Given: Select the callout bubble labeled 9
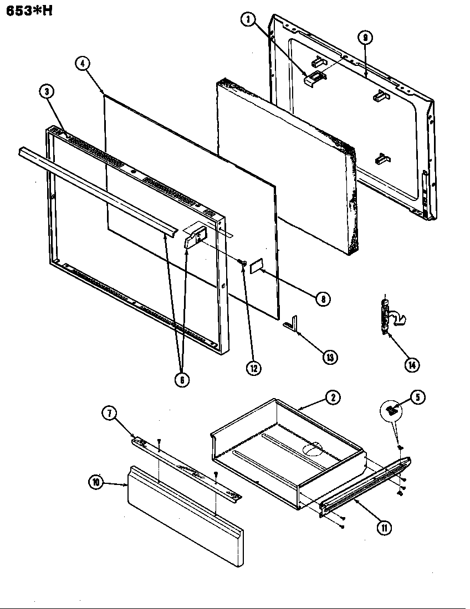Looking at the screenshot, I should click(x=365, y=38).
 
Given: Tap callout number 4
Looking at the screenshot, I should click(x=82, y=63).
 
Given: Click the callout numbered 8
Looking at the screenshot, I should click(x=323, y=299).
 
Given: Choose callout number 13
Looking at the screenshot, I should click(x=330, y=357).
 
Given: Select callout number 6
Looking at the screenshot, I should click(x=182, y=379).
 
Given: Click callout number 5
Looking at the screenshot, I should click(x=418, y=397).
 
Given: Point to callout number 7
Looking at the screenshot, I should click(x=109, y=412).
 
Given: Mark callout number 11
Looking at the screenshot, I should click(x=384, y=528).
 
